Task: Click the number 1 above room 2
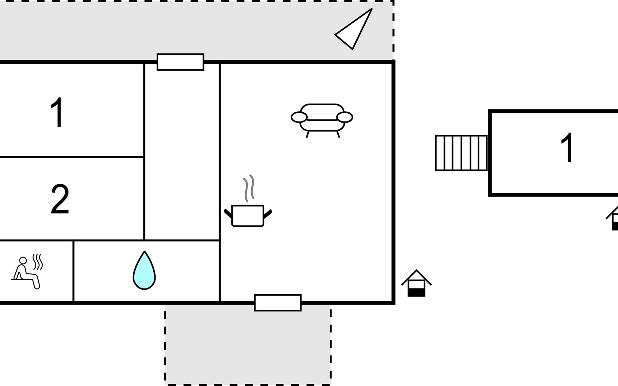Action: click(58, 112)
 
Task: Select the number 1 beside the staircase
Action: click(567, 148)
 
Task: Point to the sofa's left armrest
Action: click(299, 117)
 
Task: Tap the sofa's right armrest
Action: click(345, 117)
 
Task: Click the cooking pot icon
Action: click(248, 215)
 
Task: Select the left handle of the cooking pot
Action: click(228, 213)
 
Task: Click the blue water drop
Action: click(144, 271)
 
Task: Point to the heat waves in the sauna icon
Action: click(38, 262)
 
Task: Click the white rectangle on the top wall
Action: click(181, 62)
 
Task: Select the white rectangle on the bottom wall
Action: click(278, 303)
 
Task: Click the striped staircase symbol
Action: click(461, 153)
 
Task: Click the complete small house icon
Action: click(417, 283)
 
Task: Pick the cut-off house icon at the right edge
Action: click(612, 218)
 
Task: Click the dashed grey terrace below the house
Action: click(248, 345)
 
